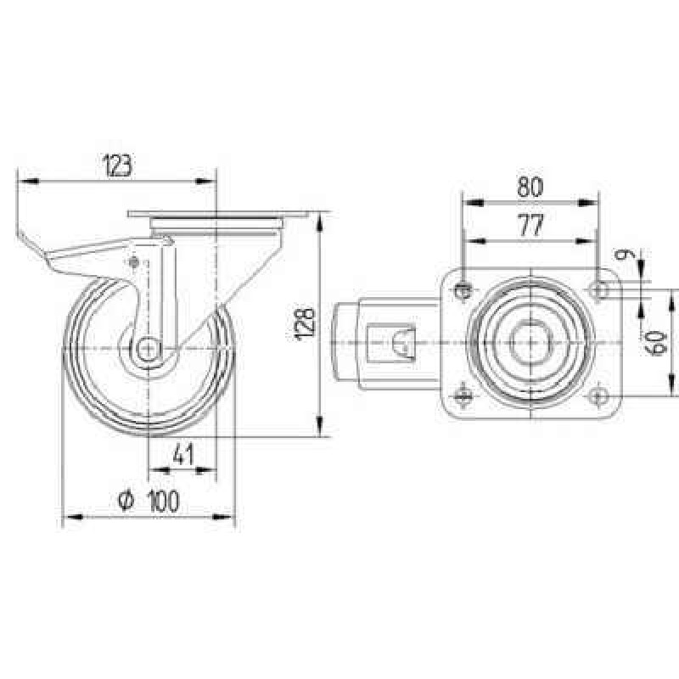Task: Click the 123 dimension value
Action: click(x=117, y=165)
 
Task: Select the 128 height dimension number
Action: click(x=304, y=324)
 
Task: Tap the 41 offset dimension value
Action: click(x=182, y=455)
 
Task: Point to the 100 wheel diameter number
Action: click(x=163, y=501)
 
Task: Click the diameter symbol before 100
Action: click(x=126, y=501)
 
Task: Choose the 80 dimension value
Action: click(x=530, y=187)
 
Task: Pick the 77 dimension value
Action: click(x=530, y=225)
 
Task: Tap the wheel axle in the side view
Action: click(x=148, y=349)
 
